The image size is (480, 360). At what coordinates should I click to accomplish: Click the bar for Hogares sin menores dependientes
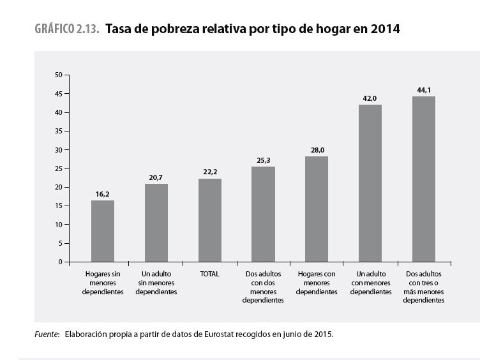(103, 231)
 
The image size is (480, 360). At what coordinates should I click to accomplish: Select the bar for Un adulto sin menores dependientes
(156, 223)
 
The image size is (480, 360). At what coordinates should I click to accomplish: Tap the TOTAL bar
(210, 220)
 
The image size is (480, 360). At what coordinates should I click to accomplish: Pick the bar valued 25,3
(263, 214)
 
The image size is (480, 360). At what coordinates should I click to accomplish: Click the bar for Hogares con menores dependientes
(317, 209)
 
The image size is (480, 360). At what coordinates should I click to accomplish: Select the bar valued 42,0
(370, 183)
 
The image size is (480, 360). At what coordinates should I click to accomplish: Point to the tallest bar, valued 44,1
(424, 179)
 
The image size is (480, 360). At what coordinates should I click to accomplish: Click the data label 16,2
(103, 193)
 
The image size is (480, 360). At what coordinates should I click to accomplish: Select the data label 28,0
(317, 149)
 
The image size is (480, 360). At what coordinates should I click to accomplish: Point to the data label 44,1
(424, 89)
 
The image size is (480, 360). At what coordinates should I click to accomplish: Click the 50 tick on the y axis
(58, 75)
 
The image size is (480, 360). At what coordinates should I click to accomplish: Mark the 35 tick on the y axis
(58, 131)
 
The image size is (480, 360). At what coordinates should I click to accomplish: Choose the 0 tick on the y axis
(60, 262)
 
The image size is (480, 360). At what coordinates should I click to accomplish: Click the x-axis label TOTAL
(210, 274)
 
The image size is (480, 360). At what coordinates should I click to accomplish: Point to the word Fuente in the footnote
(47, 334)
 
